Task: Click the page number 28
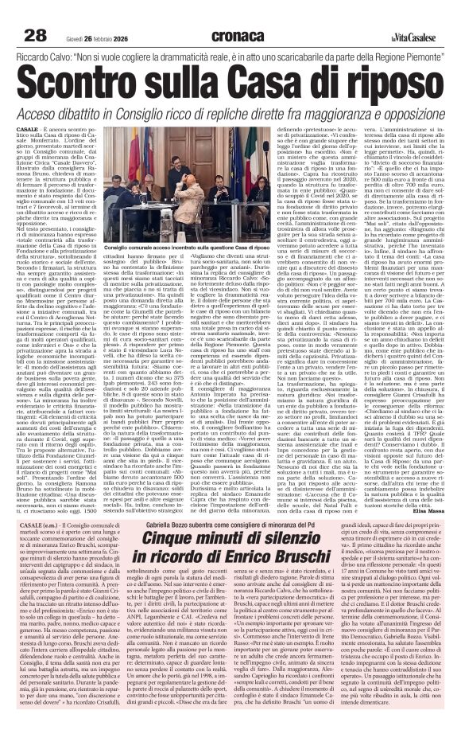(35, 13)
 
